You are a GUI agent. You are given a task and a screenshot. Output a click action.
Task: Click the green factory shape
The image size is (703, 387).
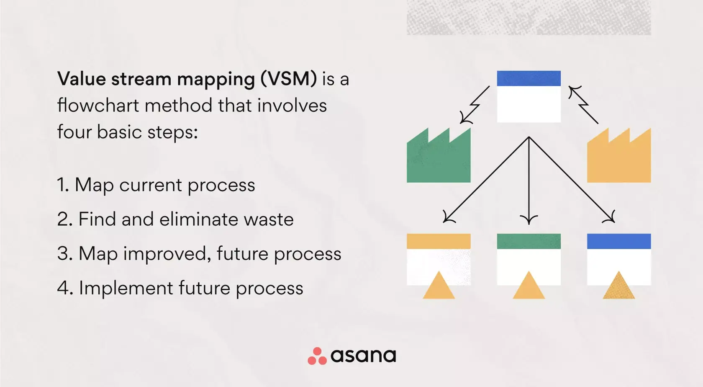pos(438,161)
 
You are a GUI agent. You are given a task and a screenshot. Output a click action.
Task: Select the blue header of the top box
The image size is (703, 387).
pos(529,78)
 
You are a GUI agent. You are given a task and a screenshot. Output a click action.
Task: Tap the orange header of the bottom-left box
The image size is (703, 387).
pos(439,241)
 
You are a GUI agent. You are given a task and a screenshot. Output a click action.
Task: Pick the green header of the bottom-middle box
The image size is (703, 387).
pos(529,241)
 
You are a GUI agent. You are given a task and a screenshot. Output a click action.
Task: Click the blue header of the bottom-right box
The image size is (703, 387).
pos(618,241)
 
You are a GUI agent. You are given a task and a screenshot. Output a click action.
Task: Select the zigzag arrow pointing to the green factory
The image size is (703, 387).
pos(475,105)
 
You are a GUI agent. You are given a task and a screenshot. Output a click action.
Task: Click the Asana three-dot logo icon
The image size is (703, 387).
pos(317,356)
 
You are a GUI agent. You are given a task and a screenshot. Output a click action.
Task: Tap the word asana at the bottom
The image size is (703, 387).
pos(363,356)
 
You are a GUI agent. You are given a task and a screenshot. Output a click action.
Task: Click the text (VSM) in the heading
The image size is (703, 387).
pos(288,79)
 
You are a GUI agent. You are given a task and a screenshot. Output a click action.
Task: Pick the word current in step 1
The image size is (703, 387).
pos(150,185)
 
